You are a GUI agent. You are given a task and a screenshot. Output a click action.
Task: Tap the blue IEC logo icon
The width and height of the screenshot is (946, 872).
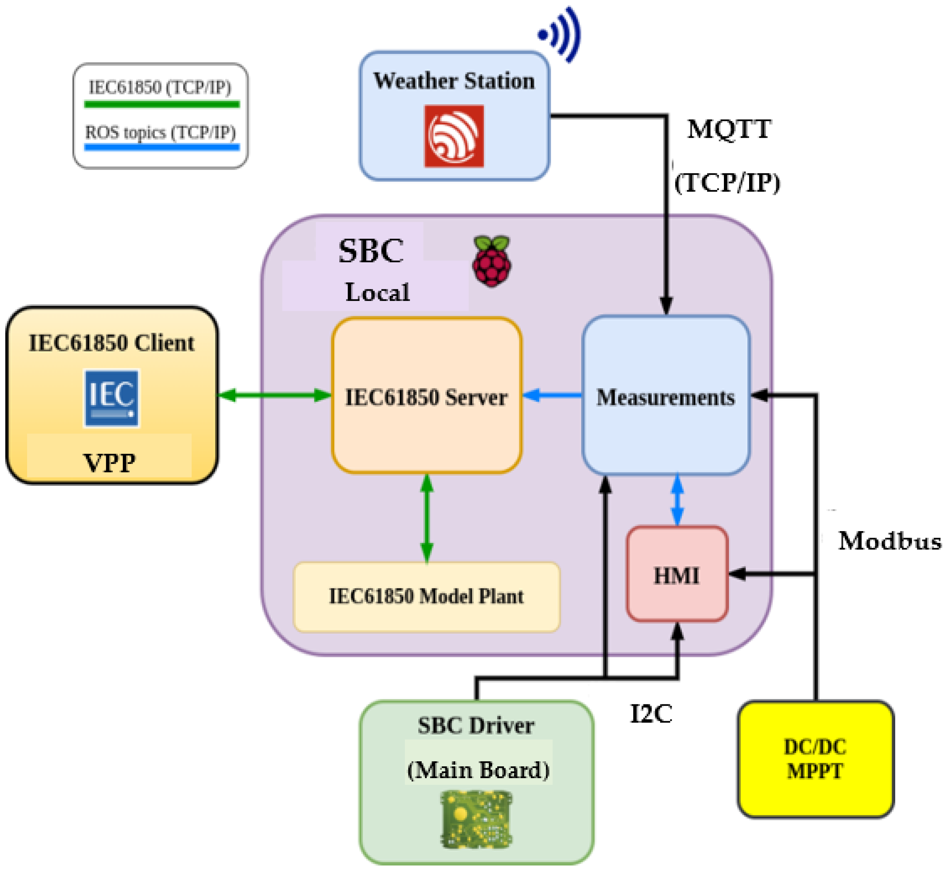tap(111, 398)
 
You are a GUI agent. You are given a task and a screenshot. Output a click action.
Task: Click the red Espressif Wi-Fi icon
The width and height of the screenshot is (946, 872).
tap(454, 136)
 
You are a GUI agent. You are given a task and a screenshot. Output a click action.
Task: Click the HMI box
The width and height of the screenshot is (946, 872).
tap(677, 573)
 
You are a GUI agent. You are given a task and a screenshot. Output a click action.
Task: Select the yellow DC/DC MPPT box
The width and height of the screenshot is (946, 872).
tap(815, 759)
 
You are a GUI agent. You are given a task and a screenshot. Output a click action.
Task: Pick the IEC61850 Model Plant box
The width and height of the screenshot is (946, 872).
tap(426, 596)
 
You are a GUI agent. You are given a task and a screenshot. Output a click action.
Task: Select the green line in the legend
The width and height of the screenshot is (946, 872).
tap(162, 104)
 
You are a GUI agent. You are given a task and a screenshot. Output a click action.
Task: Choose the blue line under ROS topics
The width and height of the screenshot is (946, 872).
tap(162, 147)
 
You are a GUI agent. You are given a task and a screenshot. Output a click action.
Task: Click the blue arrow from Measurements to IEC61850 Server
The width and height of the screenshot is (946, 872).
tap(552, 396)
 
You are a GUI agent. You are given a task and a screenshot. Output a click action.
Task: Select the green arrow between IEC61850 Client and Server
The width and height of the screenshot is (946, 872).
tap(275, 396)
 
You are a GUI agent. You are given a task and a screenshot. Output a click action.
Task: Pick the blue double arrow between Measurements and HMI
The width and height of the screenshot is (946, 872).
tap(677, 500)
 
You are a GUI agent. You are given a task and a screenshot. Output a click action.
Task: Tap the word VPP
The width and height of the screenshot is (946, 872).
tap(110, 462)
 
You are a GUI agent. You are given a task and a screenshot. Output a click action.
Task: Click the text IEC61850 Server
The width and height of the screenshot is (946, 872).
tap(426, 397)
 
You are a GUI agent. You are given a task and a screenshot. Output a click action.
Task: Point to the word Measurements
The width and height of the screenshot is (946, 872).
tap(666, 397)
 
